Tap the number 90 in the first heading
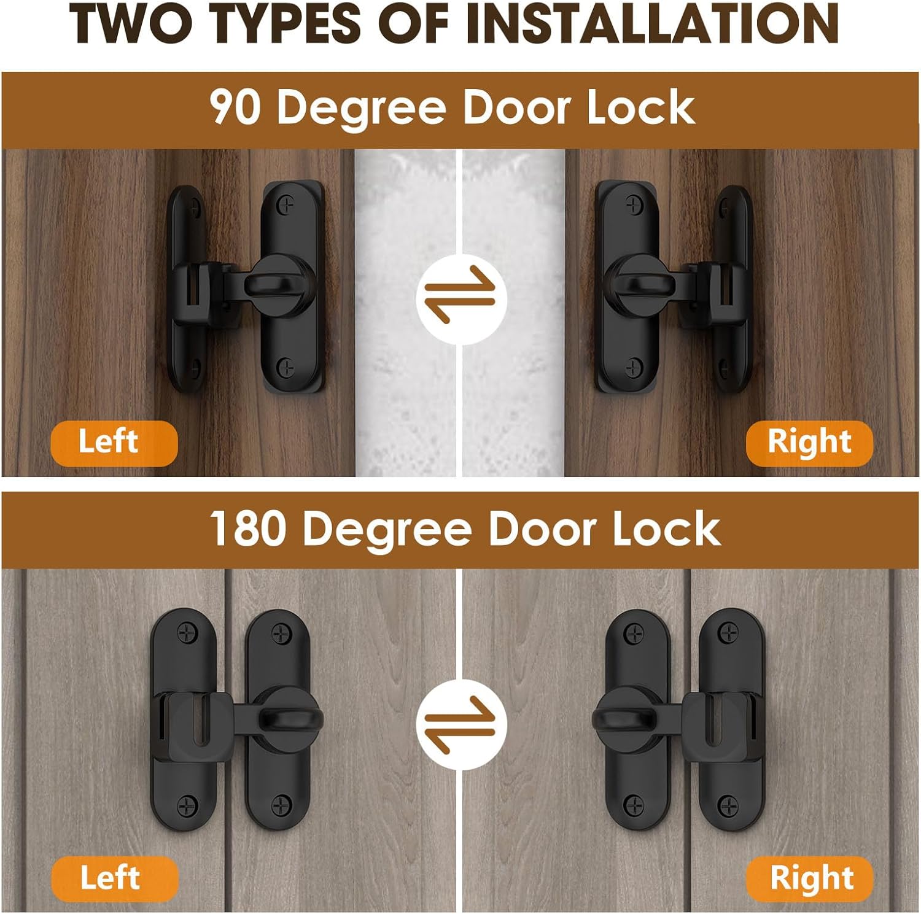235,107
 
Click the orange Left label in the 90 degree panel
114,443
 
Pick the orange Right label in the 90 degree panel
809,443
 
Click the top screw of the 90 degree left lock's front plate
286,204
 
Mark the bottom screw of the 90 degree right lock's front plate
633,368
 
